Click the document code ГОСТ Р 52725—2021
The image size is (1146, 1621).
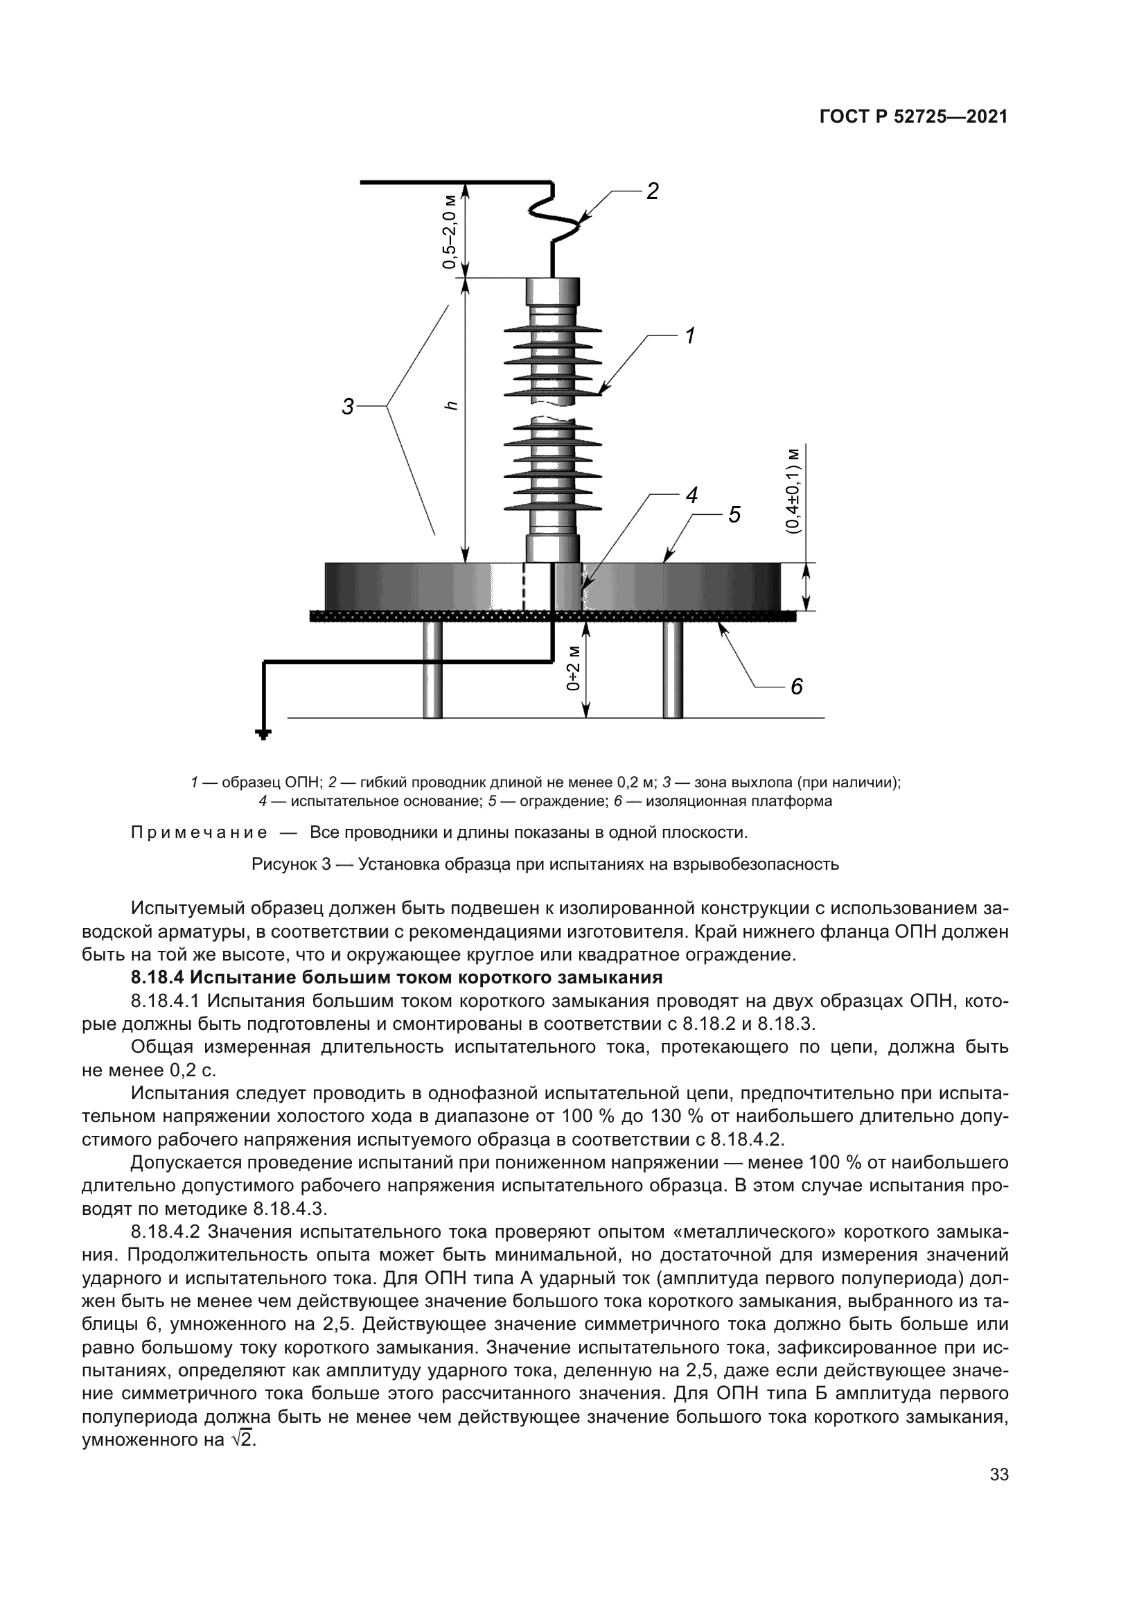(913, 117)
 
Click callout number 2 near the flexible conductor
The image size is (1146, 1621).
(652, 191)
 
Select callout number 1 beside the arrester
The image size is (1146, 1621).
(689, 336)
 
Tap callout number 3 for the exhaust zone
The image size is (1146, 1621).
(347, 407)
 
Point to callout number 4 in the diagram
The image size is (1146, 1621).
(691, 496)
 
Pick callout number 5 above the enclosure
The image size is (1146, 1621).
(734, 515)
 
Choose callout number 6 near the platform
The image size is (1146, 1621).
(796, 686)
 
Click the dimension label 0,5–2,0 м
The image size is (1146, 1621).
(450, 230)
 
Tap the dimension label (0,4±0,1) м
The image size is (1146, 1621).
(795, 490)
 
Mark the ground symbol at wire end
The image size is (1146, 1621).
(263, 736)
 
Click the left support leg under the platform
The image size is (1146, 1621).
(432, 670)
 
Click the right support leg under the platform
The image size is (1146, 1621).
(673, 670)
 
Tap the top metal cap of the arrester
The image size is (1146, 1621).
(553, 291)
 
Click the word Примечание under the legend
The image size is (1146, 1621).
(199, 832)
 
